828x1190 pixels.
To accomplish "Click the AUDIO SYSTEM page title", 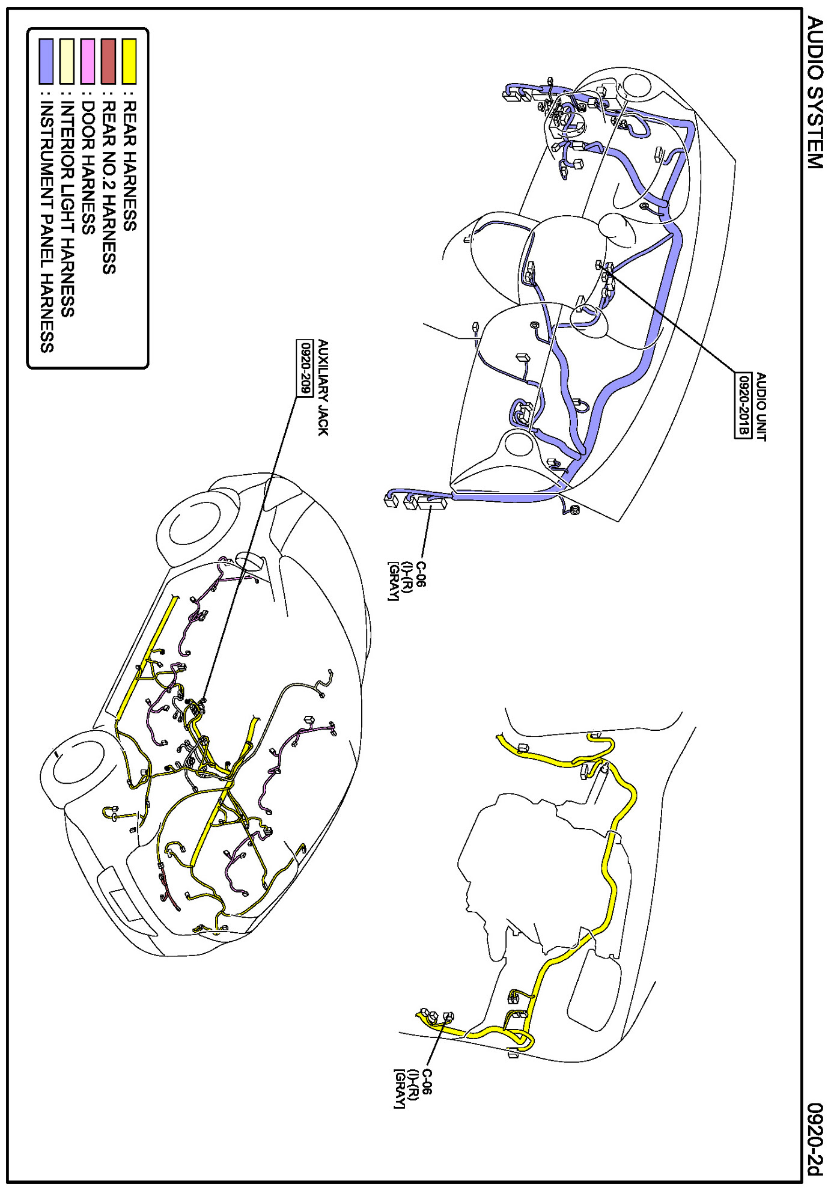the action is coord(814,93).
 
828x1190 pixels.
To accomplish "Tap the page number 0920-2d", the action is coord(814,1140).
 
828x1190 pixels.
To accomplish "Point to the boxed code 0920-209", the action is coord(305,368).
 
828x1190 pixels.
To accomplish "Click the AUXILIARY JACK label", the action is coord(323,388).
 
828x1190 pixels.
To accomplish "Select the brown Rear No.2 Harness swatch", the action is coord(108,61).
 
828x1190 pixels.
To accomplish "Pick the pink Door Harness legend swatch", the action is coord(88,61).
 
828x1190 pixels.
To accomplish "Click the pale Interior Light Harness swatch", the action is coord(67,61).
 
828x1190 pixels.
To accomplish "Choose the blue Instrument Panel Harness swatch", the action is coord(46,61).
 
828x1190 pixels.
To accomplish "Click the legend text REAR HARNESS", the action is coord(130,165).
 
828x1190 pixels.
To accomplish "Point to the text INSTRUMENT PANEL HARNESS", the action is coord(47,226).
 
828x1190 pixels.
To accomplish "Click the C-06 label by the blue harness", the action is coord(421,575).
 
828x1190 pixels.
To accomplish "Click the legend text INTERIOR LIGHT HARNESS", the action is coord(68,208).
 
